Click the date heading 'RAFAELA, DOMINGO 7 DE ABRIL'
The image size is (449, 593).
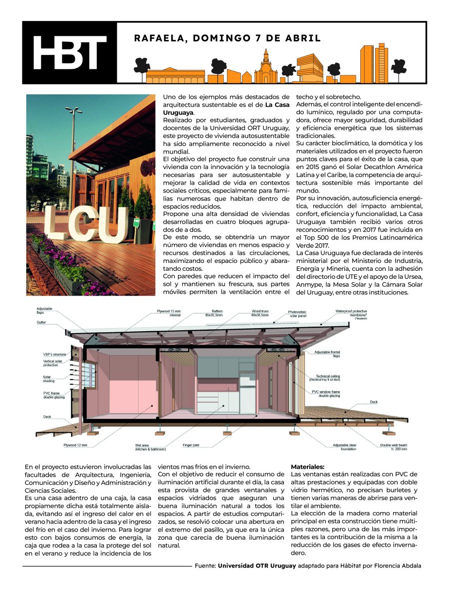coord(227,38)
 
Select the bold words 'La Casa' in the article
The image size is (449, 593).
coord(277,105)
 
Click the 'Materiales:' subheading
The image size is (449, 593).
coord(307,466)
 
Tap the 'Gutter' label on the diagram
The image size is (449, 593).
coord(41,323)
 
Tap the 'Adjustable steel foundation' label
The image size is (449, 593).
coord(345,447)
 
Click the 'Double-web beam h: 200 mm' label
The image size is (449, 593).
coord(394,447)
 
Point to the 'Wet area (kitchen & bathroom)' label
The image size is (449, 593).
coord(150,447)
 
